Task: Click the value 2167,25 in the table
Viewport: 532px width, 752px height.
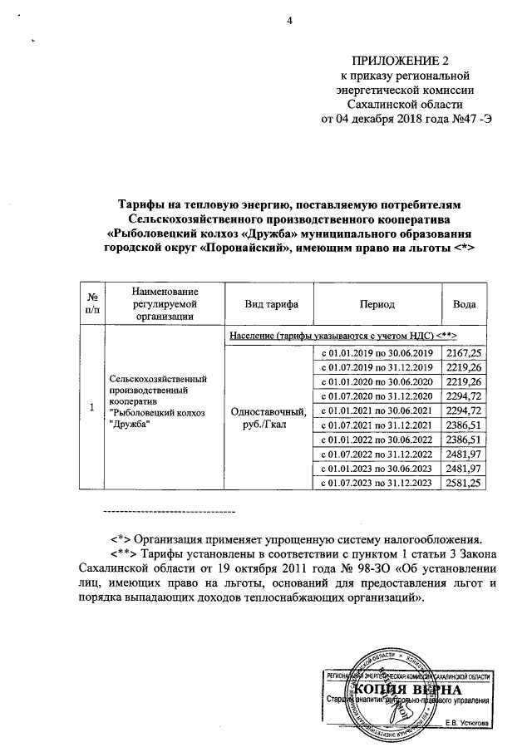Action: tap(464, 354)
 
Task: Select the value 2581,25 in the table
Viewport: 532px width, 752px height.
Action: tap(464, 483)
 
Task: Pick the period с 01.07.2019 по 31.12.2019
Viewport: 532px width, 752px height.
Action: tap(378, 368)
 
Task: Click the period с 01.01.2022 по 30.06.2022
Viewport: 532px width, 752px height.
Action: tap(378, 440)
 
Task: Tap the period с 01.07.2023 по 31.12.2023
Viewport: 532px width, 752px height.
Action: tap(378, 483)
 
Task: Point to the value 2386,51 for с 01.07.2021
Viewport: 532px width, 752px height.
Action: tap(464, 425)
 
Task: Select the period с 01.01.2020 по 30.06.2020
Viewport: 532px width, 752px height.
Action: tap(378, 382)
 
